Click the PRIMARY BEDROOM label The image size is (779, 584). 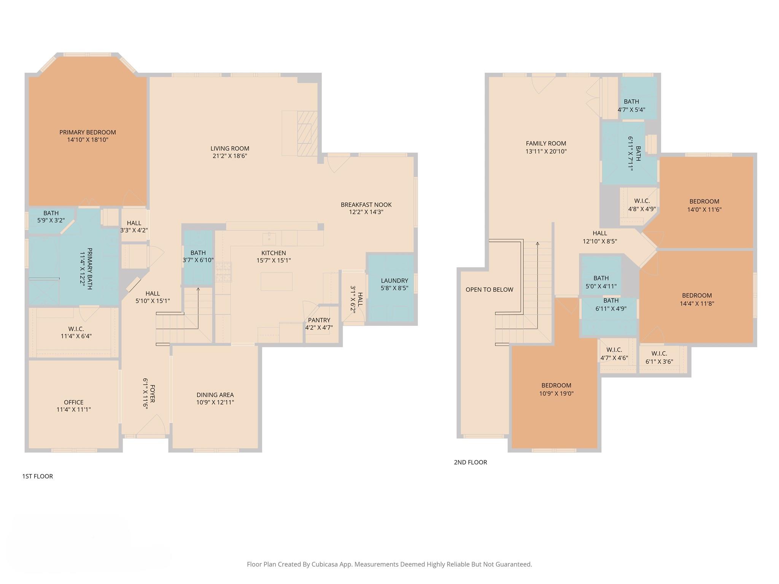[87, 132]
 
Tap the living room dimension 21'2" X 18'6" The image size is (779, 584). [230, 156]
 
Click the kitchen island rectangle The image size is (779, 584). [277, 281]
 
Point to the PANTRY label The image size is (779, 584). [319, 320]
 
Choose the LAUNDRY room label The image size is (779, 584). [394, 281]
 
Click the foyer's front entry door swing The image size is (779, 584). [151, 425]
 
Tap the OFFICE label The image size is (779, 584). [73, 402]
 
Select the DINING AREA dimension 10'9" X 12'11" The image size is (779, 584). [215, 402]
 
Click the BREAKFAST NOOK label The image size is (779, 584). [366, 205]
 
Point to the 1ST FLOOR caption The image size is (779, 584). [37, 476]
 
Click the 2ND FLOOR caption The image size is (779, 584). [470, 462]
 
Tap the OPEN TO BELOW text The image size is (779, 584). [489, 290]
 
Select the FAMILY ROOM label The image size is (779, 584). [546, 143]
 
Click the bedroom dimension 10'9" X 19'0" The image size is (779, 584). [556, 394]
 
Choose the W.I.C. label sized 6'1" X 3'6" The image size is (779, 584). [659, 354]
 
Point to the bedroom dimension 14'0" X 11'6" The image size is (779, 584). [704, 209]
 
